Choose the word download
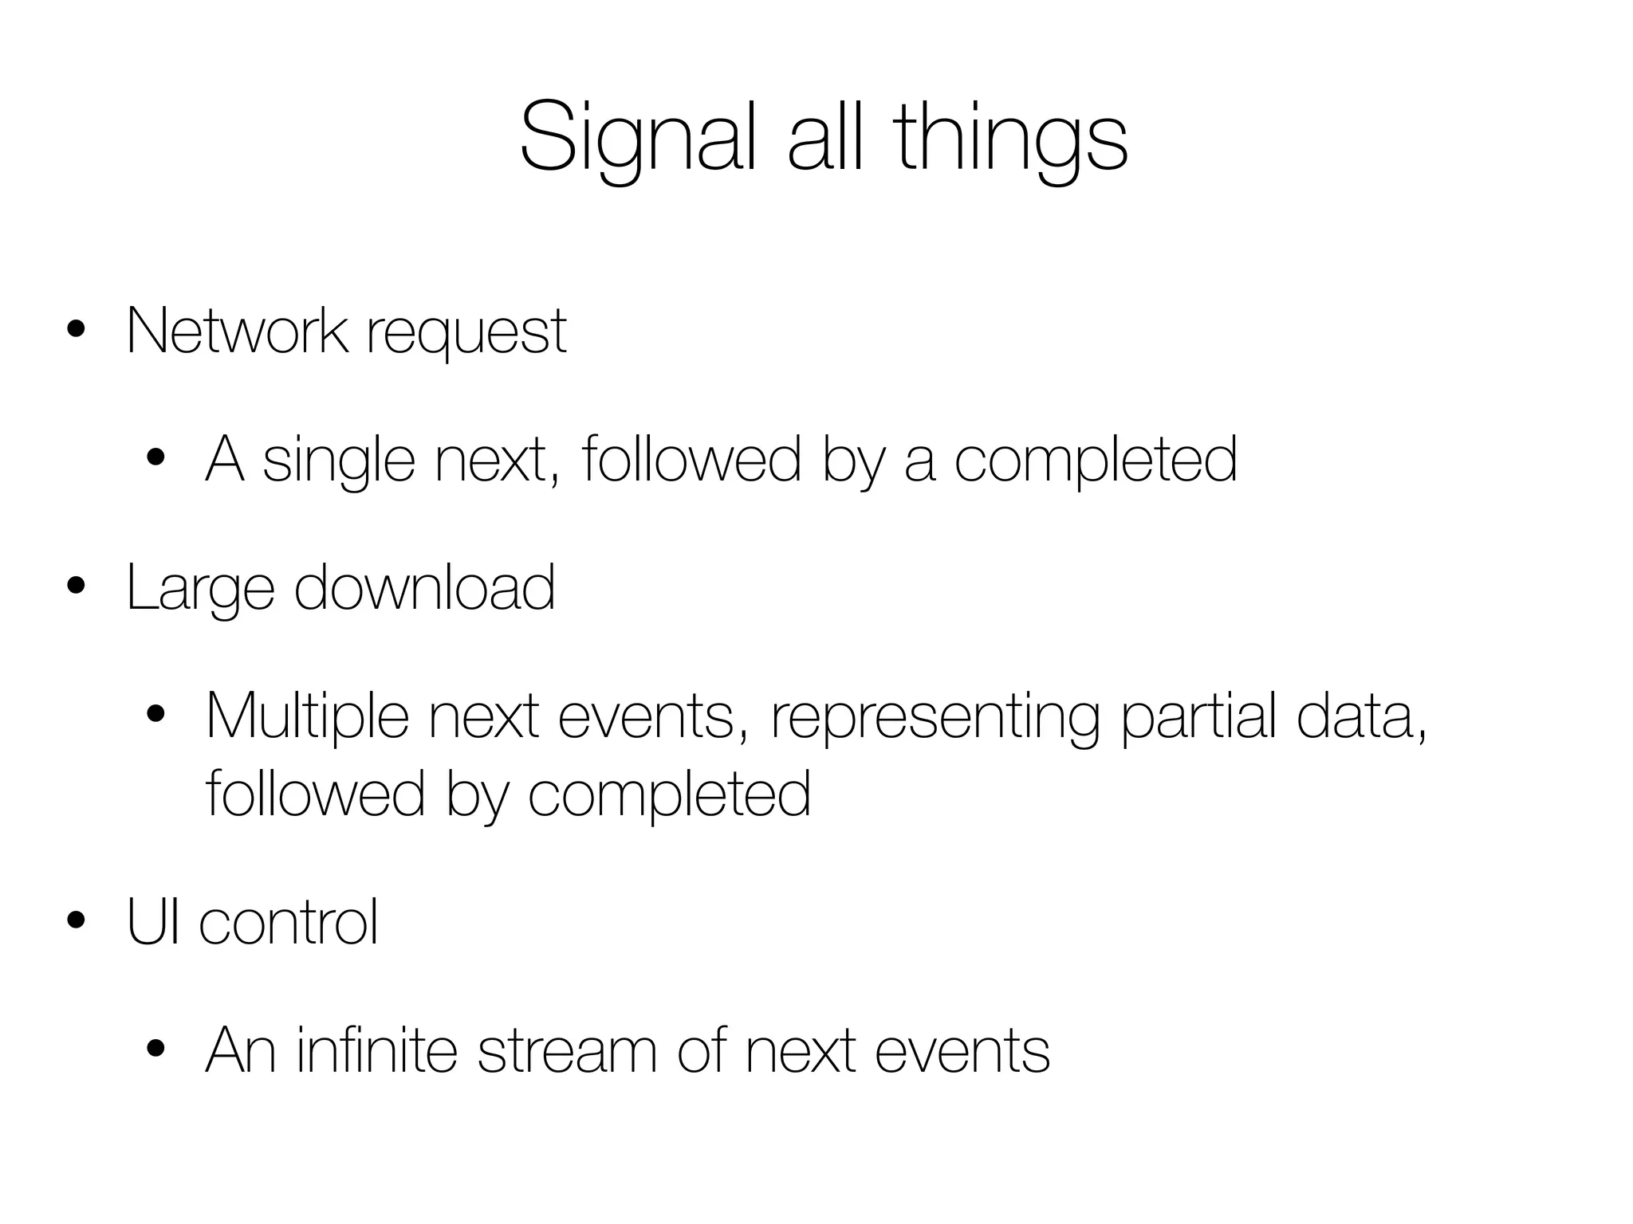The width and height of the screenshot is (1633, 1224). [424, 588]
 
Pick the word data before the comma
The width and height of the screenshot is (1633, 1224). [1354, 716]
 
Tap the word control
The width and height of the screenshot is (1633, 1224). [288, 922]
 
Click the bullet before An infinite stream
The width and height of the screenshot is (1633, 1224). [155, 1050]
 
